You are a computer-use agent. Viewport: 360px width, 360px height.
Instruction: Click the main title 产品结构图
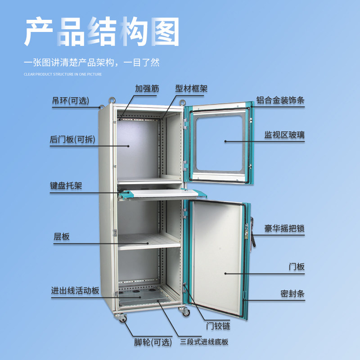pos(102,32)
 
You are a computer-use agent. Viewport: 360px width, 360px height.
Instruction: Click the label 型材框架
pos(192,89)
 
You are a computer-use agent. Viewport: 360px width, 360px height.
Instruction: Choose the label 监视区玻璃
pos(284,135)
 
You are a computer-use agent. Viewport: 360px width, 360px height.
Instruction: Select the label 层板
pos(62,237)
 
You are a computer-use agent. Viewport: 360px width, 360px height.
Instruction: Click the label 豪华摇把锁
pos(284,228)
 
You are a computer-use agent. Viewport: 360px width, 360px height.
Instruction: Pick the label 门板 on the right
pos(297,266)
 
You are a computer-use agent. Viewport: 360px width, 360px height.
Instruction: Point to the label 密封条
pos(292,294)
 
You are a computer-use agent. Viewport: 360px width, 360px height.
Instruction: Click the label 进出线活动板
pos(75,291)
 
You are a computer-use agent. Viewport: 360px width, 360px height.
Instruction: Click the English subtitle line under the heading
pos(63,74)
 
